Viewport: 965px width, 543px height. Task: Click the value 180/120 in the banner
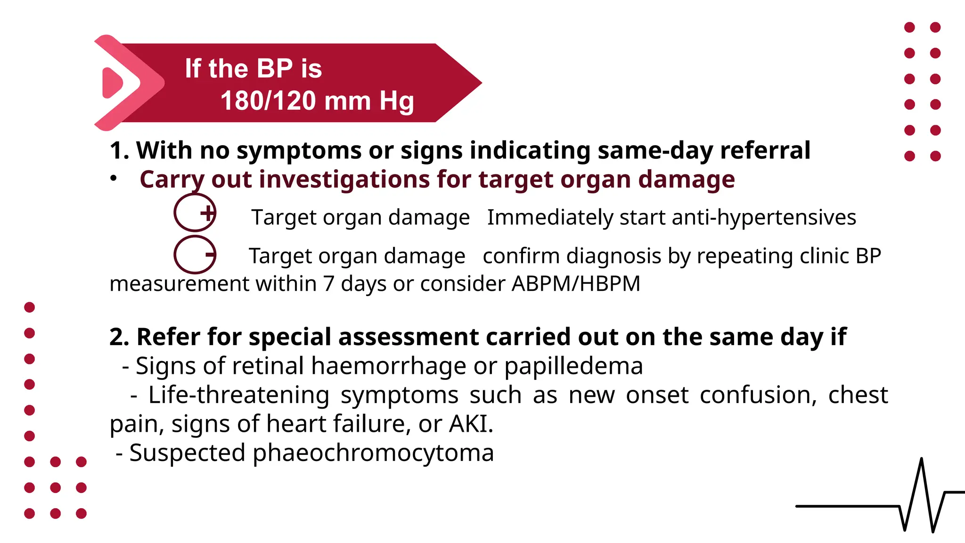coord(268,101)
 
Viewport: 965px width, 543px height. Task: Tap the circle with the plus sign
coord(195,213)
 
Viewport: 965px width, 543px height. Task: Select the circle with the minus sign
coord(195,255)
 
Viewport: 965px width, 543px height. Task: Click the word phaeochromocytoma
coord(373,453)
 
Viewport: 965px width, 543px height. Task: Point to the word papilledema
coord(573,366)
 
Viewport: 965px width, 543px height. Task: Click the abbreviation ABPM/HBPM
coord(576,284)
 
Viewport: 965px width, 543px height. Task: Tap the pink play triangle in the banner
coord(112,83)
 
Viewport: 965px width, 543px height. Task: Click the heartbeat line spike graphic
coord(921,495)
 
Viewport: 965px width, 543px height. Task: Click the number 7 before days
coord(328,284)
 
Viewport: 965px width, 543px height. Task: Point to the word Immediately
coord(550,218)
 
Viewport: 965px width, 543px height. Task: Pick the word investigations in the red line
coord(343,180)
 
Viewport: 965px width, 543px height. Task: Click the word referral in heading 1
coord(765,151)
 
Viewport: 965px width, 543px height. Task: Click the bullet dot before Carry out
coord(113,179)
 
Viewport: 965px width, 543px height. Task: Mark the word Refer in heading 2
coord(168,337)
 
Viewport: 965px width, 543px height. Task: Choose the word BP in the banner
coord(275,69)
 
